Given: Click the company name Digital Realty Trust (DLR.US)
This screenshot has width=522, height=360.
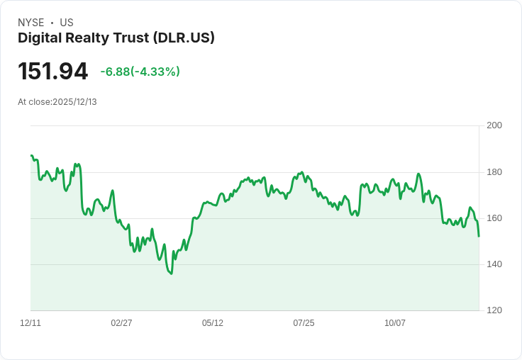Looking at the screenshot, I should click(116, 38).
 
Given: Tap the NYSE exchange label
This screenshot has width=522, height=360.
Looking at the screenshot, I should click(31, 23).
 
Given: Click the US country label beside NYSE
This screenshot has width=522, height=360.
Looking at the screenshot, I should click(67, 23).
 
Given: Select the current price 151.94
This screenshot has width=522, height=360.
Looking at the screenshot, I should click(53, 72).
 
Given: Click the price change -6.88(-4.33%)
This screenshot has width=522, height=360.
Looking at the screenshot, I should click(140, 72).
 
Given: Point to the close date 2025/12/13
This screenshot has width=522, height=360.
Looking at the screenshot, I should click(74, 102).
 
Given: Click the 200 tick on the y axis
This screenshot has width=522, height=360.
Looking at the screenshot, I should click(494, 125).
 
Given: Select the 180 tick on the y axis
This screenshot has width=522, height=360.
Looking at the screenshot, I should click(494, 172).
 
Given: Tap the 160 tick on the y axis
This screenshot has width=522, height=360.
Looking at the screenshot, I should click(494, 218).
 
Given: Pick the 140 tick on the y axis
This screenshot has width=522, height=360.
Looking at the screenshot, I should click(494, 264).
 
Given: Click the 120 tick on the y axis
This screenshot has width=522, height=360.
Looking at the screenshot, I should click(494, 310).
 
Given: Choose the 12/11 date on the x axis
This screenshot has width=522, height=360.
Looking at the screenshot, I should click(30, 323).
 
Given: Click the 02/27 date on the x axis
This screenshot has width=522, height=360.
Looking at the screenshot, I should click(121, 323).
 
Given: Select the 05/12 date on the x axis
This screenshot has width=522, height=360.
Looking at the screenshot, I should click(213, 323).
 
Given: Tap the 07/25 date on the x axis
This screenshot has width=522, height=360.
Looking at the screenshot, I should click(304, 323).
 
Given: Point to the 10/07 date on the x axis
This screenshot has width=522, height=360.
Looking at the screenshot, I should click(395, 323).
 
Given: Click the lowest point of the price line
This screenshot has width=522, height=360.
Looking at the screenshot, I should click(171, 274).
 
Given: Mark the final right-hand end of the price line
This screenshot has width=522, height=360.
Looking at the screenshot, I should click(479, 236).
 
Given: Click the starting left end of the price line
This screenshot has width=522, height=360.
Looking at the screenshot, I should click(31, 155).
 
